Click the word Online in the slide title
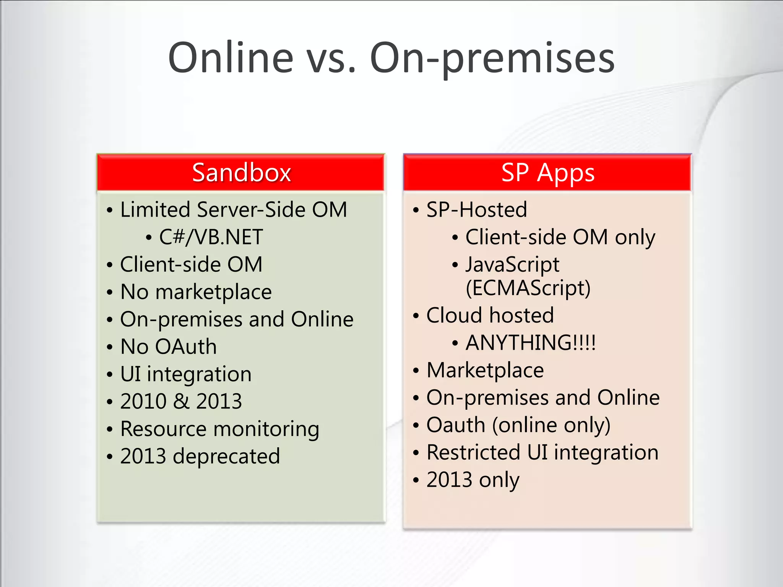pyautogui.click(x=231, y=58)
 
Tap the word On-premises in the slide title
pyautogui.click(x=492, y=58)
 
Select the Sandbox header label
pyautogui.click(x=241, y=173)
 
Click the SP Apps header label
pyautogui.click(x=547, y=173)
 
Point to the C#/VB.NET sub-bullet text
pyautogui.click(x=211, y=237)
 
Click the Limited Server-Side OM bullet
pyautogui.click(x=233, y=210)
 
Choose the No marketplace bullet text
pyautogui.click(x=196, y=292)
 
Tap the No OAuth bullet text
pyautogui.click(x=168, y=347)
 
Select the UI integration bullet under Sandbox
pyautogui.click(x=186, y=374)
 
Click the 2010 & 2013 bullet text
pyautogui.click(x=181, y=401)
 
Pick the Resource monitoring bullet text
pyautogui.click(x=219, y=429)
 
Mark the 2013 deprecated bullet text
pyautogui.click(x=200, y=456)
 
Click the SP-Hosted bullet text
pyautogui.click(x=476, y=210)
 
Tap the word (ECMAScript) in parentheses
pyautogui.click(x=528, y=288)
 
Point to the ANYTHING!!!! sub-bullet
pyautogui.click(x=530, y=343)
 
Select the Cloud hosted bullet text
pyautogui.click(x=490, y=315)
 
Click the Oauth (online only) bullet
pyautogui.click(x=518, y=425)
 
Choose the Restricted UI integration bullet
pyautogui.click(x=542, y=452)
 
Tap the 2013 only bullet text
pyautogui.click(x=473, y=480)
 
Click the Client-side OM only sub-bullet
pyautogui.click(x=560, y=237)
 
